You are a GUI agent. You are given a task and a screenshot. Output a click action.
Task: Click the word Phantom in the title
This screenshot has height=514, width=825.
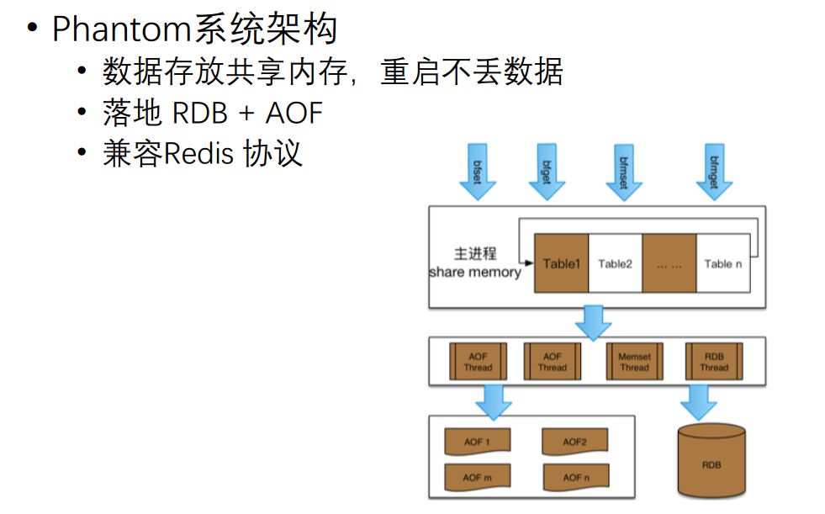coord(122,30)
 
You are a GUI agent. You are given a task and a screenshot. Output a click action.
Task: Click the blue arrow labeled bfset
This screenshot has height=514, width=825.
coord(479,172)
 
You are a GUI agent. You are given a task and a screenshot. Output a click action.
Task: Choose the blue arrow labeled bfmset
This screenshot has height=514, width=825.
coord(624,172)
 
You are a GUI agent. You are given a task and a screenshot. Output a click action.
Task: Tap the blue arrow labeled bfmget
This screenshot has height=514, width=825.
coord(714,172)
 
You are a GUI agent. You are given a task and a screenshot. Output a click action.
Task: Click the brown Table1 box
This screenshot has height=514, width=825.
coord(561,263)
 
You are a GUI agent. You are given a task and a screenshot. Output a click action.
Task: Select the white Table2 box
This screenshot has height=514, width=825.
coord(615,263)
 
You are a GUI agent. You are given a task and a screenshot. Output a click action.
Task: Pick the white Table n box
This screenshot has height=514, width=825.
coord(722,263)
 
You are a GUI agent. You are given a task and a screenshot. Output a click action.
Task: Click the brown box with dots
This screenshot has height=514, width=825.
coord(669,263)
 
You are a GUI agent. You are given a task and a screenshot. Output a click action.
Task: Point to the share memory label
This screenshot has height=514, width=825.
coord(475,273)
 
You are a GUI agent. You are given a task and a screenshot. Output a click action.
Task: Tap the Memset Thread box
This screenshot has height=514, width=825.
coord(634,362)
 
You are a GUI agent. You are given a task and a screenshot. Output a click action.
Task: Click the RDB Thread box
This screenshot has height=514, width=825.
coord(713,362)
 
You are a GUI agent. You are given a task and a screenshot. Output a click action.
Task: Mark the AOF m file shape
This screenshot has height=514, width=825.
coord(477,477)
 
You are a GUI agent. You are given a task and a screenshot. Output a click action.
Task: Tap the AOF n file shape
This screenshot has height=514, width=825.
coord(574,477)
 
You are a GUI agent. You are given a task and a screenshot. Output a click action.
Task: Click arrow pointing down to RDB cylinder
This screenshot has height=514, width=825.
coord(698,402)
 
